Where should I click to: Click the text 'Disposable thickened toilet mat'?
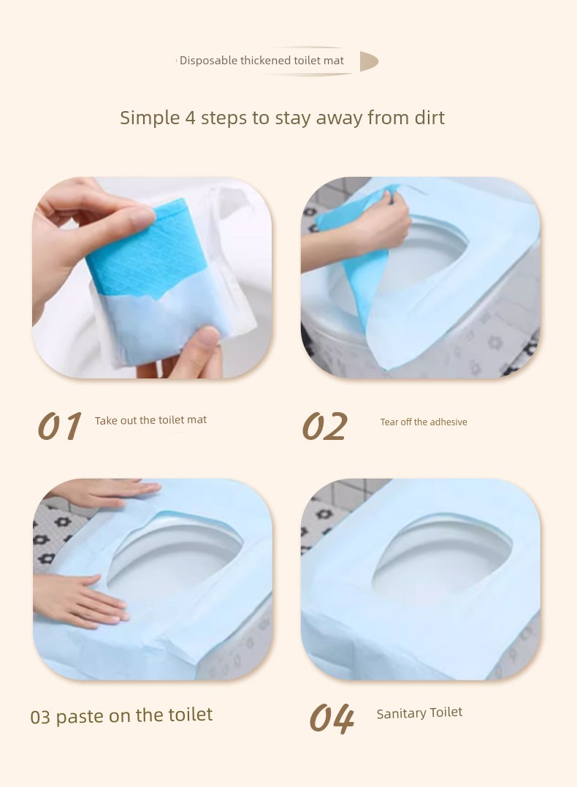click(261, 61)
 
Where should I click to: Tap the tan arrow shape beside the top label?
click(368, 61)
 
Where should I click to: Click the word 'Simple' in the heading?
click(150, 118)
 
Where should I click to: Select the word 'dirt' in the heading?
click(429, 118)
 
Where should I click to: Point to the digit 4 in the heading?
click(190, 118)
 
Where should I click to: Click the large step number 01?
click(59, 426)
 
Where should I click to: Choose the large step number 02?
click(324, 426)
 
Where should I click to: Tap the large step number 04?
click(332, 718)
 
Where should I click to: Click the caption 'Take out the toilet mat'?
click(150, 420)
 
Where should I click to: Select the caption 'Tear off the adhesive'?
click(424, 422)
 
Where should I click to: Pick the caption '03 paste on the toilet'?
click(121, 715)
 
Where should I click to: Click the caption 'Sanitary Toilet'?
click(419, 713)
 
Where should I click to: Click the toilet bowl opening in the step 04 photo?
click(442, 557)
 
